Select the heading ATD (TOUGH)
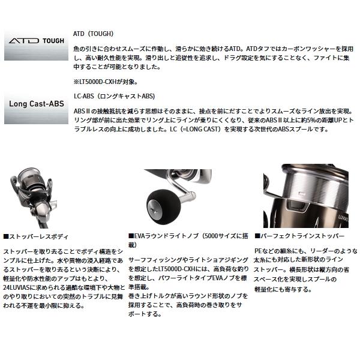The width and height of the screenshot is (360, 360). point(92,34)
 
